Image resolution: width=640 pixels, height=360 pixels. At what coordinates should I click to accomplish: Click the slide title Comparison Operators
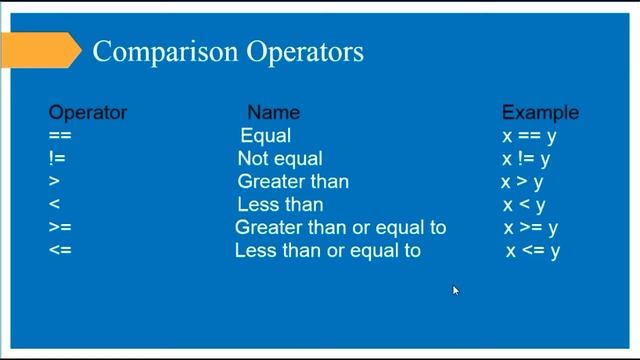(228, 51)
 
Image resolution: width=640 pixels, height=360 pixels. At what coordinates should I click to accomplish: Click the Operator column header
(88, 113)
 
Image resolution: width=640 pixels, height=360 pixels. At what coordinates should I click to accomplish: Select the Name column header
(273, 113)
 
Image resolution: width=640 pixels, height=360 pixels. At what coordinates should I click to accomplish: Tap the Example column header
(540, 113)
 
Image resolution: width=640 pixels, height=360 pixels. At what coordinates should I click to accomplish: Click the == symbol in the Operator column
(61, 136)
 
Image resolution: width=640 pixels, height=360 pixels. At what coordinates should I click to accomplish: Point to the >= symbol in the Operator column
(60, 228)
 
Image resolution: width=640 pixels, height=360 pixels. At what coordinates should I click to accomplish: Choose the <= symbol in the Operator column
(60, 251)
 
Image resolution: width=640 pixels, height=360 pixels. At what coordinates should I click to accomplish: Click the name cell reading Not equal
(280, 159)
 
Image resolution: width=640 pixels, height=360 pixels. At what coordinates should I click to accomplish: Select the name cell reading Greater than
(293, 182)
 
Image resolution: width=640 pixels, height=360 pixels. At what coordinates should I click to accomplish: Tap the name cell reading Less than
(280, 205)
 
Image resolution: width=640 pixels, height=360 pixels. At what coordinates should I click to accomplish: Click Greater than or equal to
(340, 228)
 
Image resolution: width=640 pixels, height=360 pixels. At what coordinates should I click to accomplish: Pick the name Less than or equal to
(328, 251)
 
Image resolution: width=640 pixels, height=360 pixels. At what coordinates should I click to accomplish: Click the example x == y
(527, 136)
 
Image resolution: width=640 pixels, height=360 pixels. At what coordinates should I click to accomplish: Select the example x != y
(526, 159)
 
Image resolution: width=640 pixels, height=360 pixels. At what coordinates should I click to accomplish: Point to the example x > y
(522, 182)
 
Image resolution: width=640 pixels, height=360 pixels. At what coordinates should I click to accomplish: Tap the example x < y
(524, 205)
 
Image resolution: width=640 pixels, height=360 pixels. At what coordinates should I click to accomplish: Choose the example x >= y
(531, 228)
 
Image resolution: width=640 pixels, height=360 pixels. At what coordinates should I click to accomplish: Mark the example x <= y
(532, 251)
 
